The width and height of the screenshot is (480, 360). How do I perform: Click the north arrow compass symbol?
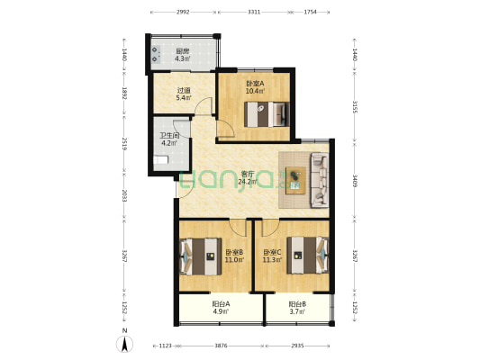[124, 344]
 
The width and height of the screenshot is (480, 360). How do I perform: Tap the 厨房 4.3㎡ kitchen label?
[183, 55]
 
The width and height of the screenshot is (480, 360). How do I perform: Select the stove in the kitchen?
[156, 54]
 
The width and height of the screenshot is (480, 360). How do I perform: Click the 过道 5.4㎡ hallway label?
[184, 94]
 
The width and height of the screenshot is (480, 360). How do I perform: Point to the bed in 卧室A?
[267, 114]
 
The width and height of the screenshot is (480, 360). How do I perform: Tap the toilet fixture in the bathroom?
[160, 160]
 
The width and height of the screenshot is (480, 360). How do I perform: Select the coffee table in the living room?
[295, 181]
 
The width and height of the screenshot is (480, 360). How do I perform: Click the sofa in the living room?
[320, 181]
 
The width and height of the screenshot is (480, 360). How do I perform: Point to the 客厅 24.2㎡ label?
[248, 178]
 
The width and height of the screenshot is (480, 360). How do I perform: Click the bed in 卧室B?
[201, 256]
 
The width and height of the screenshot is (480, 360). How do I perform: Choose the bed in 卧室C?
[307, 255]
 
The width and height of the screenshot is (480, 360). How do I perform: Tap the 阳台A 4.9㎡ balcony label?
[221, 308]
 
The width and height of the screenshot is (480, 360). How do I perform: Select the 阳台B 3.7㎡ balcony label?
[297, 308]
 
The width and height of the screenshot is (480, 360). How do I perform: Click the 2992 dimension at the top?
[183, 13]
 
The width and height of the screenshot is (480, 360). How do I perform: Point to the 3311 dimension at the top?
[254, 13]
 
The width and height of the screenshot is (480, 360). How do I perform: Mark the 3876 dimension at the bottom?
[221, 346]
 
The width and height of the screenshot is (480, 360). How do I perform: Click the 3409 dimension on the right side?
[355, 181]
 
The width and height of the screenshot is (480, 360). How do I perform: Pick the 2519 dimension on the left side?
[124, 144]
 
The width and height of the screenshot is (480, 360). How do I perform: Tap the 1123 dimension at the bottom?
[166, 346]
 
